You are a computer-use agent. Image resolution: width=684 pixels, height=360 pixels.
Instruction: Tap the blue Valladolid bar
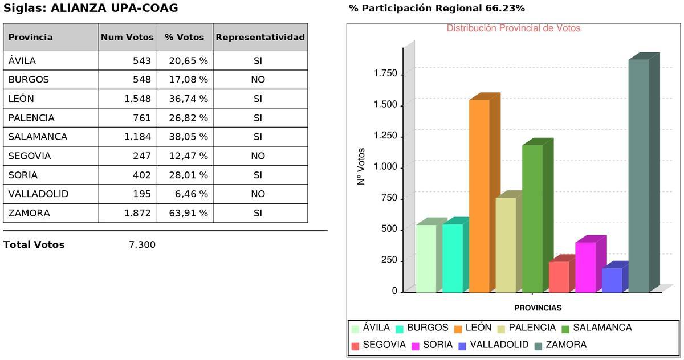612,280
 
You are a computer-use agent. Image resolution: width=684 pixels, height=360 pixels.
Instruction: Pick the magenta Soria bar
585,267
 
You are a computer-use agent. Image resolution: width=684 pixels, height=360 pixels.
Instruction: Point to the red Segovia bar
559,277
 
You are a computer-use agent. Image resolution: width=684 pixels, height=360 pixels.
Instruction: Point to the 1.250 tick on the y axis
385,136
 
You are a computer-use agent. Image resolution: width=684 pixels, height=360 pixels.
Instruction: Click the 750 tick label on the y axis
388,198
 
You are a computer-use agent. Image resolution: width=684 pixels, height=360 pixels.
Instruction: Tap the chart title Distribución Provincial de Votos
513,28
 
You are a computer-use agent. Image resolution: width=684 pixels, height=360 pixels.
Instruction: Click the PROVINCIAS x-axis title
538,308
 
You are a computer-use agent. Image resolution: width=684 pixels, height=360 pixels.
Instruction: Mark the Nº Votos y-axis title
361,167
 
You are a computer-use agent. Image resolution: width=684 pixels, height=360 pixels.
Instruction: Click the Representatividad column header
260,37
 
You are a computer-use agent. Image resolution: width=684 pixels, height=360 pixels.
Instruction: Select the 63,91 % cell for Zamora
188,213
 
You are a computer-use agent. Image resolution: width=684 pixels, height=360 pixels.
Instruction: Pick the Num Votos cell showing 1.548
137,99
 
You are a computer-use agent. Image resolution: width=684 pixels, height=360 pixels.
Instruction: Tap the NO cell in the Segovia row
258,156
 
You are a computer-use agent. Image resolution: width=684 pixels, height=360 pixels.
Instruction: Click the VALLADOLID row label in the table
38,194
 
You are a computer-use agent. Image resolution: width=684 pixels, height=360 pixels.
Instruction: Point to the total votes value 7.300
142,245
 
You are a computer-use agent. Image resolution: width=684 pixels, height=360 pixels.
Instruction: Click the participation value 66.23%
505,9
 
